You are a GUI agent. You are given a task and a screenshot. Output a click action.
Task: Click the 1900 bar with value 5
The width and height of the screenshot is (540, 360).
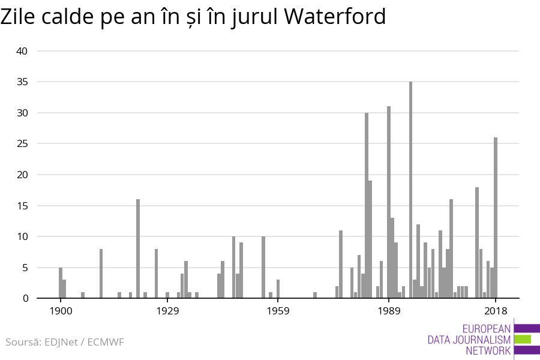click(61, 283)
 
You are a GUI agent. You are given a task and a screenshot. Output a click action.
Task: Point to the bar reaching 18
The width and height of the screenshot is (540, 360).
click(477, 242)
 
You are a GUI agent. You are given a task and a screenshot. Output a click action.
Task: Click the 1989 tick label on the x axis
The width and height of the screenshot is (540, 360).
click(389, 310)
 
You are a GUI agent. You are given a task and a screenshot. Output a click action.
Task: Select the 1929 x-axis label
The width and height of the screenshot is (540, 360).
click(167, 310)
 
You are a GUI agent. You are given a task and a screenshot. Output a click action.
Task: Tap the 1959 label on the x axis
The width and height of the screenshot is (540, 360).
click(278, 310)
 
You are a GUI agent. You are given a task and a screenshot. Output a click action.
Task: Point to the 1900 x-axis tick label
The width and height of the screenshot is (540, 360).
click(61, 310)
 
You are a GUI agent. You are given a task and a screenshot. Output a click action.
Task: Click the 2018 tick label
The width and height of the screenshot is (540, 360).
click(496, 310)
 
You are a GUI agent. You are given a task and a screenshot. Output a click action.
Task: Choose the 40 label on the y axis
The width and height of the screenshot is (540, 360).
click(22, 51)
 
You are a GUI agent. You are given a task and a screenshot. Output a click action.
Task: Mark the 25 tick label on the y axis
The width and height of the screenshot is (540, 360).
click(22, 144)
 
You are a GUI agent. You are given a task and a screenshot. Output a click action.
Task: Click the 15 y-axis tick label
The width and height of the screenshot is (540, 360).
click(22, 206)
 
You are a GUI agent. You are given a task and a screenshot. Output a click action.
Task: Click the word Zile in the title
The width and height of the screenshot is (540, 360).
click(21, 17)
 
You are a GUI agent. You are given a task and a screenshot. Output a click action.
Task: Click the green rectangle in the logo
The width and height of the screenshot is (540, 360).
click(523, 339)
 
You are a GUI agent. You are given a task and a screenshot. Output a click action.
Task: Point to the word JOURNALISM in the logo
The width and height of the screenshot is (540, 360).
click(469, 340)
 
